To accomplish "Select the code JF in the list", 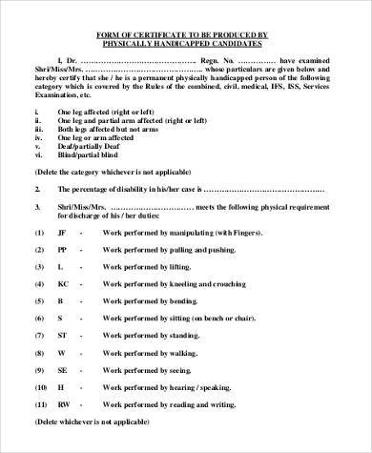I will pos(60,233).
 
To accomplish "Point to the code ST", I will pos(60,336).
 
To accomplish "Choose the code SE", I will pos(60,370).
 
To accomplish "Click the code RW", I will pos(62,405).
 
